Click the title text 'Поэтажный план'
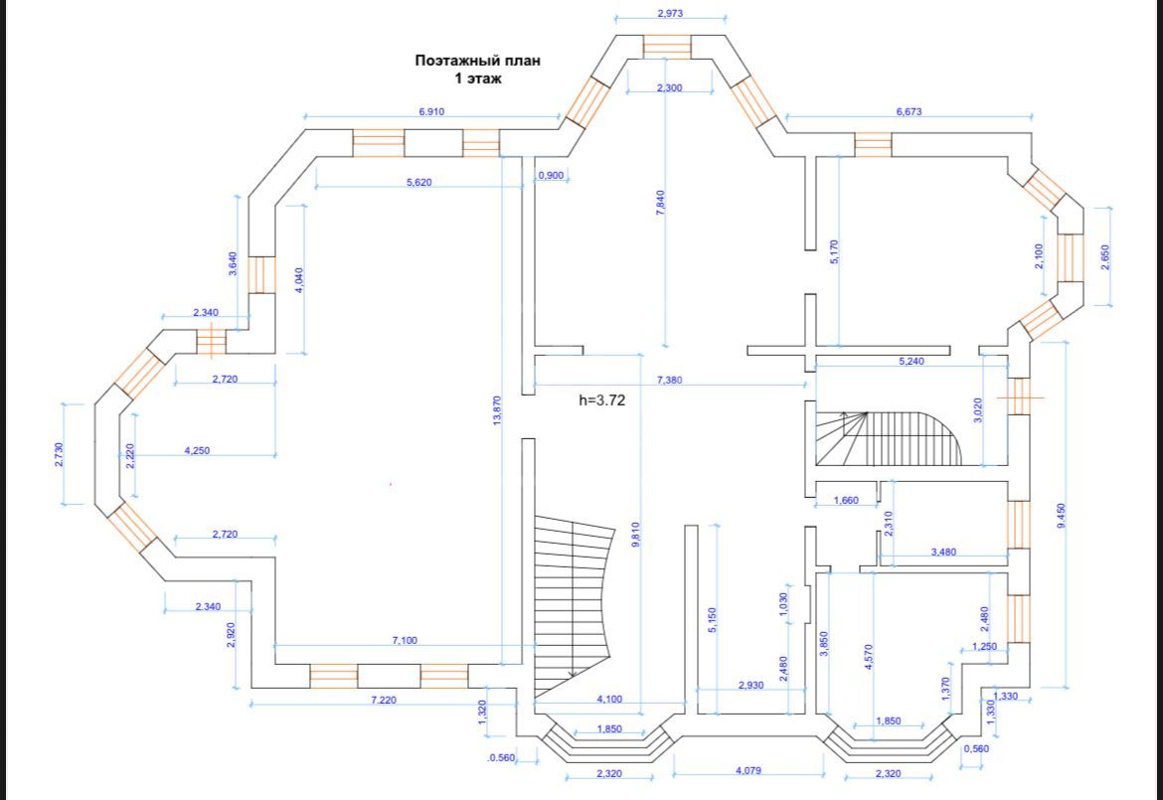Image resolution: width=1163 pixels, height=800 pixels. coord(477,61)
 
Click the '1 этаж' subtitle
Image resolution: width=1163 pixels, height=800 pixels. coord(478,78)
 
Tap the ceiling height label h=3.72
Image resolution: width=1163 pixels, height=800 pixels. coord(602,400)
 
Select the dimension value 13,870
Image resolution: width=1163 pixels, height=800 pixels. coord(497,410)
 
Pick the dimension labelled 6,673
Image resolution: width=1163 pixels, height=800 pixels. coord(909,112)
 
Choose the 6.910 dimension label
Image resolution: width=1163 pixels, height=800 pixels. coord(431,112)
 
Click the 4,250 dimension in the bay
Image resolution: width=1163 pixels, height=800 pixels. coord(197,450)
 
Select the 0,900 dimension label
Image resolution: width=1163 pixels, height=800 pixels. coord(551,176)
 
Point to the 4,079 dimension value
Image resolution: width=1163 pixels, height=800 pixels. coord(748,770)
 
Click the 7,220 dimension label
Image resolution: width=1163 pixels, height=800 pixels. coord(384,701)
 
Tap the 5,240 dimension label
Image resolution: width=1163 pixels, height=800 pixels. coord(911,361)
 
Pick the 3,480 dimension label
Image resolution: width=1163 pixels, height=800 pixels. coord(943,552)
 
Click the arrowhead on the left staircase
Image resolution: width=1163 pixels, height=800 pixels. coord(573,674)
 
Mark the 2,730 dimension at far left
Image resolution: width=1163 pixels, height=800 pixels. coord(59,454)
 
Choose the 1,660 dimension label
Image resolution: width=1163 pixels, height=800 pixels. coord(846,500)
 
